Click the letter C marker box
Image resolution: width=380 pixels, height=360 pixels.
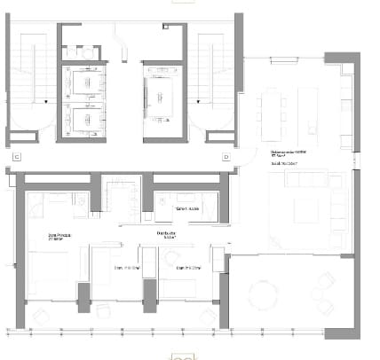click(x=17, y=157)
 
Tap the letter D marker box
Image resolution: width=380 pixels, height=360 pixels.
click(x=227, y=157)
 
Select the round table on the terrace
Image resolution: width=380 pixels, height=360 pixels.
click(x=264, y=293)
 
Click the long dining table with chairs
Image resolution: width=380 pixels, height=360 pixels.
click(x=270, y=112)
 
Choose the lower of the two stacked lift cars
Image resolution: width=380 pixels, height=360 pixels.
click(x=85, y=118)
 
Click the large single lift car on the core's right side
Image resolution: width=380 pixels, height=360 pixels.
click(x=162, y=99)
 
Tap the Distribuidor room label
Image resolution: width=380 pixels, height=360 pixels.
click(x=166, y=236)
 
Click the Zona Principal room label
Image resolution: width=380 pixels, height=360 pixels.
click(x=60, y=238)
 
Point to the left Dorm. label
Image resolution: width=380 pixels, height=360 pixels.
click(x=124, y=267)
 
